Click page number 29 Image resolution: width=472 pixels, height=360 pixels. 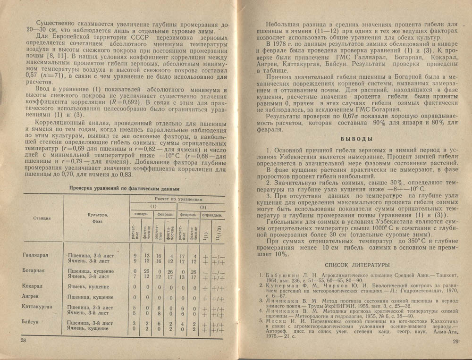(455, 342)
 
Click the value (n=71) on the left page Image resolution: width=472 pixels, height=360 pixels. (46, 76)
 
